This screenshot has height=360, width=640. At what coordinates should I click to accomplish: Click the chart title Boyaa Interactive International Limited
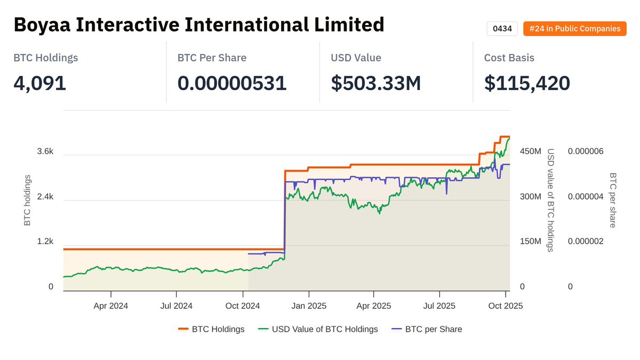(198, 25)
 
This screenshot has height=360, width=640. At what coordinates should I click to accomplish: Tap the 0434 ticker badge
(502, 29)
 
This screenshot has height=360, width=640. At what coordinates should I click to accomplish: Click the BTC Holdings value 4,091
(40, 83)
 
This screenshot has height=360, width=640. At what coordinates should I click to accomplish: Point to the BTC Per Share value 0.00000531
(232, 83)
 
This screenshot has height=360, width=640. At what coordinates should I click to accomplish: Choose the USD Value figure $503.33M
(376, 83)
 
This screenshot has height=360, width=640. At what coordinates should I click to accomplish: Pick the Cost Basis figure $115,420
(527, 83)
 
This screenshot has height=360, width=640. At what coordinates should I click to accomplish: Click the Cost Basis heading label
(509, 58)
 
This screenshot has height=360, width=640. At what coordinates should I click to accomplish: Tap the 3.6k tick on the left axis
(45, 151)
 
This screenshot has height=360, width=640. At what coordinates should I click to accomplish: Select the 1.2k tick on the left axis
(45, 242)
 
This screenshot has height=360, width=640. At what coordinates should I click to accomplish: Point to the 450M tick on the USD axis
(530, 151)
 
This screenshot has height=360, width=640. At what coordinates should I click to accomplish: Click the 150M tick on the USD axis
(530, 242)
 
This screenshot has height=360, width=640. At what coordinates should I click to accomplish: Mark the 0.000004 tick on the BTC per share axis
(586, 197)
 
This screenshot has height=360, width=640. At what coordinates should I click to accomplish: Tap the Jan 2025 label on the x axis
(308, 306)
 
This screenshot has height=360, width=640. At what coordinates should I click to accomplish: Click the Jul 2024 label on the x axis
(177, 306)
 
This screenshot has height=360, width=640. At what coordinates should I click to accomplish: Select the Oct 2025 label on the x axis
(506, 306)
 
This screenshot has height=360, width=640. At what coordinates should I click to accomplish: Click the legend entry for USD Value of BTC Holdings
(324, 329)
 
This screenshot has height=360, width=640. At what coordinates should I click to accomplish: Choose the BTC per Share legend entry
(433, 329)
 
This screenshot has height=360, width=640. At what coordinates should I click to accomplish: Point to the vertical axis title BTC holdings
(28, 200)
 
